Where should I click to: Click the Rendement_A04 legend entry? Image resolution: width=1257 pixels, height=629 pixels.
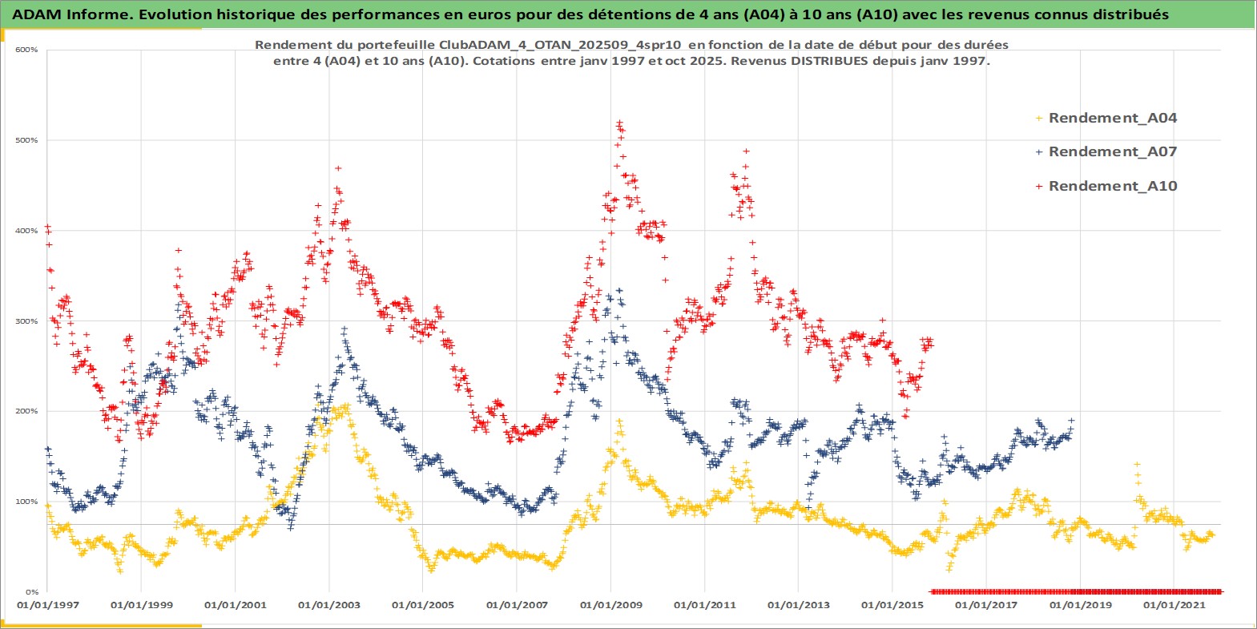click(x=1112, y=118)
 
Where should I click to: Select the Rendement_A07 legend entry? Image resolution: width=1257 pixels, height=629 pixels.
click(x=1112, y=151)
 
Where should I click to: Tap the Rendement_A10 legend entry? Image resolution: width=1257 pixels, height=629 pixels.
click(x=1112, y=186)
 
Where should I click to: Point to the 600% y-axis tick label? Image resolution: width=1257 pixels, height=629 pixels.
click(x=26, y=50)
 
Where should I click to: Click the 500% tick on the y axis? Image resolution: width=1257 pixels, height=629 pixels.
click(x=26, y=140)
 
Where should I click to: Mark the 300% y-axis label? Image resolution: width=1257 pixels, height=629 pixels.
click(x=26, y=321)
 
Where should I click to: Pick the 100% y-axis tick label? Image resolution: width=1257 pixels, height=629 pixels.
click(x=26, y=502)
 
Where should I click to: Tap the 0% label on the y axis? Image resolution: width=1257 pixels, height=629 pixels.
click(x=31, y=592)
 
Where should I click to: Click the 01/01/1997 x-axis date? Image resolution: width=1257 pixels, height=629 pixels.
click(x=48, y=605)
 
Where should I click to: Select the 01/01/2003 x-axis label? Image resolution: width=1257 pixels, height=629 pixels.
click(x=329, y=605)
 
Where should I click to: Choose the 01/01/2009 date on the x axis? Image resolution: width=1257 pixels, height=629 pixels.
click(x=611, y=605)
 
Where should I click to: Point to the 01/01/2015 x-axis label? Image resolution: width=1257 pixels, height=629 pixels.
click(x=892, y=605)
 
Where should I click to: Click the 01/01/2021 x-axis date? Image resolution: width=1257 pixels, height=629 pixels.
click(x=1174, y=605)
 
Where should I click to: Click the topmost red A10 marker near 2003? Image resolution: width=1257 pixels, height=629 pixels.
click(x=338, y=168)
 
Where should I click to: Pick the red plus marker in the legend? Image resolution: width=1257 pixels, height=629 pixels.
click(x=1039, y=186)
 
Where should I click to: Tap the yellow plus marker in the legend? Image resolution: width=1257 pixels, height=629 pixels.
click(x=1039, y=118)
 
